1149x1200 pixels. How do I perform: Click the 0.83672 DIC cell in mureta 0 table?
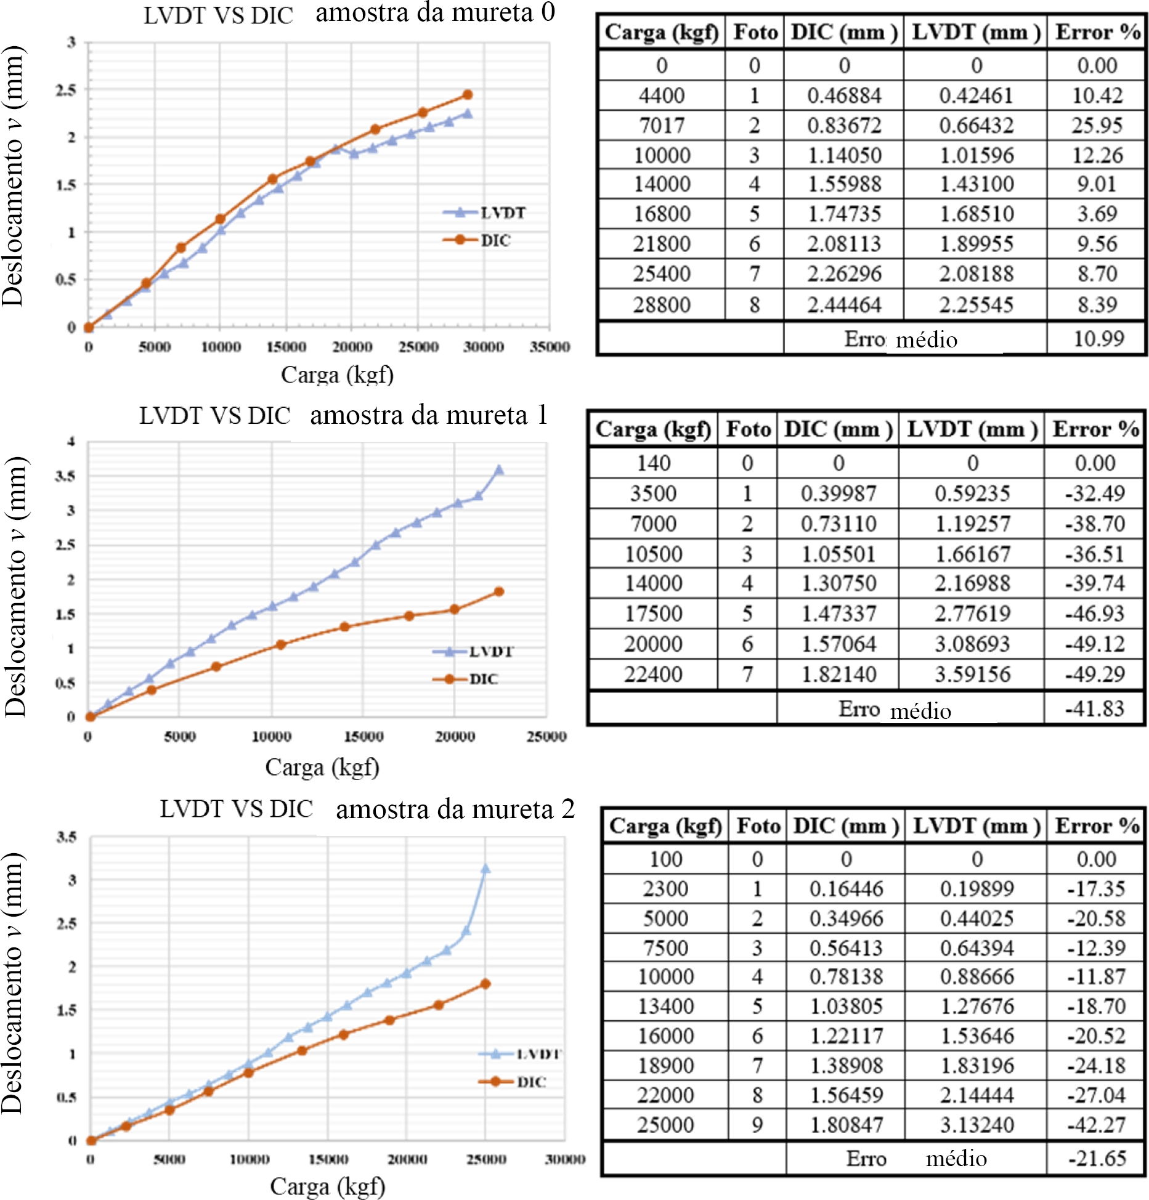coord(844,126)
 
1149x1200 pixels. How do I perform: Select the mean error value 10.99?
coord(1098,338)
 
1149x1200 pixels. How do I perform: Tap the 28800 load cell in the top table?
coord(662,305)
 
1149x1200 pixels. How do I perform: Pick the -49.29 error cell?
coord(1095,674)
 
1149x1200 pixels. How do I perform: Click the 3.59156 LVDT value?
coord(972,674)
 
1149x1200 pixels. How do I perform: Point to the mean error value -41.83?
coord(1095,708)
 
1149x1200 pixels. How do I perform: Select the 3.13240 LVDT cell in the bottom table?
coord(977,1125)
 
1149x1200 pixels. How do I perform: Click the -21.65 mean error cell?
coord(1097,1159)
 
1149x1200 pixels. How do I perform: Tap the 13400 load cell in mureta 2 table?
coord(665,1007)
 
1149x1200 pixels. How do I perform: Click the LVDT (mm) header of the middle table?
coord(972,429)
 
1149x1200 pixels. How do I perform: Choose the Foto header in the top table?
coord(755,32)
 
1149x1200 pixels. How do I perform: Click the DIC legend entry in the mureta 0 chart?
coord(495,240)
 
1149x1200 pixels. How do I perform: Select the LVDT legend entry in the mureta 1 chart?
coord(490,651)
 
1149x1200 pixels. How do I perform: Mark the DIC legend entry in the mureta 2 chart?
coord(530,1082)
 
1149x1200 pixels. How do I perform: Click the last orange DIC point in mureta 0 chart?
coord(468,95)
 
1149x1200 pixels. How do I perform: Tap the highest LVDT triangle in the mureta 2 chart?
coord(485,869)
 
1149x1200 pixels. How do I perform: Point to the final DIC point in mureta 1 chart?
coord(499,591)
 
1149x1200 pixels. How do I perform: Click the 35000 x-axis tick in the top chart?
coord(550,347)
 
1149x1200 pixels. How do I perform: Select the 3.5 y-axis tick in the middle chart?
coord(65,476)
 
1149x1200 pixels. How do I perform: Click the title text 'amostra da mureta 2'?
coord(455,809)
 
